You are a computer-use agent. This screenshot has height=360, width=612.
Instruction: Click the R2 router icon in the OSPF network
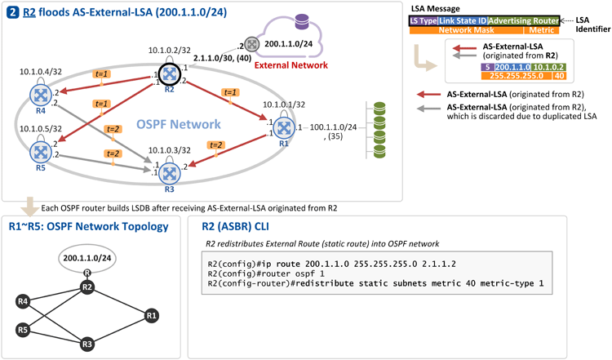170,73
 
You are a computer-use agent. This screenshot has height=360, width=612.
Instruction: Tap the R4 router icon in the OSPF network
41,95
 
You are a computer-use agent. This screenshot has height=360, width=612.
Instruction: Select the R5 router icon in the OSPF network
41,152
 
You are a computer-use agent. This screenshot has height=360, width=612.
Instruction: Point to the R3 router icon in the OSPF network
170,173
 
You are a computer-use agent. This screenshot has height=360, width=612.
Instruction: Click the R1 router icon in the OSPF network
284,127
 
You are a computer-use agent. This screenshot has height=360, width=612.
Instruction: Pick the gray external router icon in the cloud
252,44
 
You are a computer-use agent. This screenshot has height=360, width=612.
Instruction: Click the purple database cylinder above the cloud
302,21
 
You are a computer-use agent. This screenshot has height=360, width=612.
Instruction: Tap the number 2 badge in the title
13,12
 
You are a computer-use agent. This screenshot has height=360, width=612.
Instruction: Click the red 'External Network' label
290,65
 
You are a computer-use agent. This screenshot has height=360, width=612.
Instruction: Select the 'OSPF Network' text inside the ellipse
179,124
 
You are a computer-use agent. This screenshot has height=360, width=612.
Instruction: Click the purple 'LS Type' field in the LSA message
424,20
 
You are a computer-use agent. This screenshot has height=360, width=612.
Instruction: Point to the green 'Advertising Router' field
523,20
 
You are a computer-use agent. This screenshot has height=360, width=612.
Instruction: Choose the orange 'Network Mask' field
467,30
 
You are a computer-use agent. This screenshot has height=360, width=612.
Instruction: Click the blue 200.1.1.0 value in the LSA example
512,67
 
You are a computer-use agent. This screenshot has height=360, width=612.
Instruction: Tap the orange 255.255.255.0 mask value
517,76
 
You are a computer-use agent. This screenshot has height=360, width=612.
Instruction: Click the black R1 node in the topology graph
152,315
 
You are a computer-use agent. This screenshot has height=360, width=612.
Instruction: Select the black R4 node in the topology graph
23,301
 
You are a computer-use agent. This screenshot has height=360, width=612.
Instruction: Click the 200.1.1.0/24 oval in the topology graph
87,258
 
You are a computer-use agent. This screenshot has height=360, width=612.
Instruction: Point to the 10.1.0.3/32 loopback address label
170,150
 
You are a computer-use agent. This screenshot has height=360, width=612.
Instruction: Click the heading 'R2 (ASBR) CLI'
235,226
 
